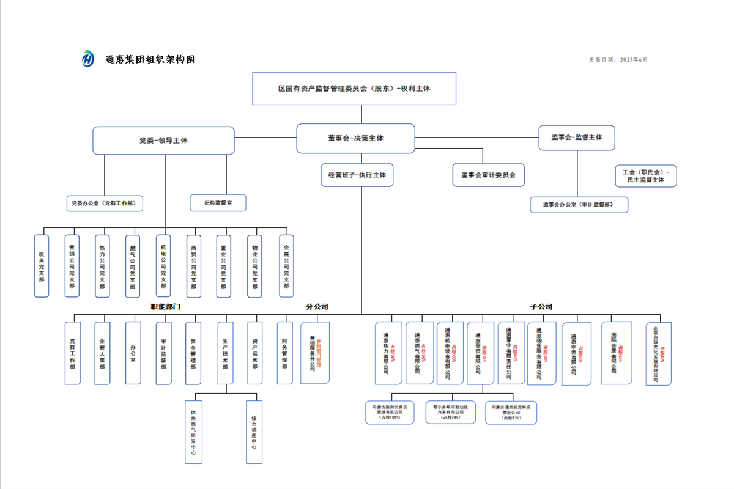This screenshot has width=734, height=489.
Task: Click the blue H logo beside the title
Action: (x=89, y=59)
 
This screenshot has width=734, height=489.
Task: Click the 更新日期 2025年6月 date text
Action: (x=618, y=60)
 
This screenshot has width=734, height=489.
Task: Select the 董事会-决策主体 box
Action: (x=355, y=138)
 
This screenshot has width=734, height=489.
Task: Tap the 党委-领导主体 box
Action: (x=163, y=141)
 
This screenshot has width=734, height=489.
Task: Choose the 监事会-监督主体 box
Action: (x=576, y=138)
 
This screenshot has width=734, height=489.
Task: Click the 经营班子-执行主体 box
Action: (x=357, y=175)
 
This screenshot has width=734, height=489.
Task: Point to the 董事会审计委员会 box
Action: (x=488, y=175)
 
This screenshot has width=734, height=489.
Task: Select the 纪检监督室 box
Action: (x=218, y=203)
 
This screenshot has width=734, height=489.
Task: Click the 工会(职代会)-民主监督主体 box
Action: (x=645, y=175)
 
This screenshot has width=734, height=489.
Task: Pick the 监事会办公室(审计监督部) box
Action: (x=579, y=205)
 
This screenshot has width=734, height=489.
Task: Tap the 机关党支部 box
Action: (x=42, y=266)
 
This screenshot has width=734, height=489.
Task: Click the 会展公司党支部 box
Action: (x=286, y=266)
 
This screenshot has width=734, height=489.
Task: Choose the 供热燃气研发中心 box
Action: (x=193, y=432)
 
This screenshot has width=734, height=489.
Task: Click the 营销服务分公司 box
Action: (x=314, y=353)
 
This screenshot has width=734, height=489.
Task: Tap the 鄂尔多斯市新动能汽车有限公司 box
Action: (x=450, y=412)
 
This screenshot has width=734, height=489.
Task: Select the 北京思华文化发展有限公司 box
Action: (x=658, y=354)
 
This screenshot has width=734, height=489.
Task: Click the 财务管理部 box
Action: (x=285, y=353)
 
